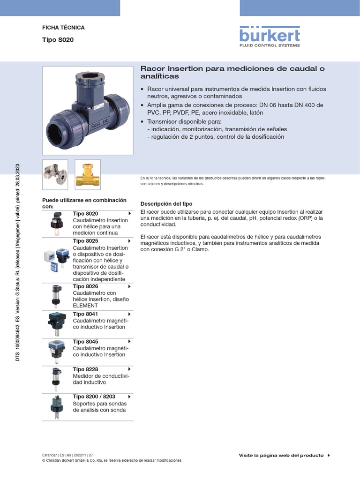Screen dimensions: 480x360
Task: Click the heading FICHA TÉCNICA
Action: click(x=63, y=28)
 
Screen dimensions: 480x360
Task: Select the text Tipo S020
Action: click(x=58, y=40)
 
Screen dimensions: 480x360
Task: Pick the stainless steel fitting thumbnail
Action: click(x=55, y=174)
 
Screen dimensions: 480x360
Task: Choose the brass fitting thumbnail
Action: click(x=88, y=174)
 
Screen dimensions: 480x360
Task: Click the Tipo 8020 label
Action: click(x=86, y=214)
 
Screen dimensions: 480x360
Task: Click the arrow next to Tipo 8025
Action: click(x=129, y=241)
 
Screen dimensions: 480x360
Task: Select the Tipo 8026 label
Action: click(x=86, y=286)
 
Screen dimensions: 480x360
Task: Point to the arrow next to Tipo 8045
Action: click(x=129, y=342)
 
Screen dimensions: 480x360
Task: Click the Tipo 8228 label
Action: click(x=86, y=369)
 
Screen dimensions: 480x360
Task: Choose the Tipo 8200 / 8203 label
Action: click(x=94, y=397)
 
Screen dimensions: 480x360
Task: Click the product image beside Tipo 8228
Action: click(x=56, y=379)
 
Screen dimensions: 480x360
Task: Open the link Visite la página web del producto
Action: click(x=281, y=455)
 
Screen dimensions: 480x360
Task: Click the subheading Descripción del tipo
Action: click(x=166, y=204)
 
